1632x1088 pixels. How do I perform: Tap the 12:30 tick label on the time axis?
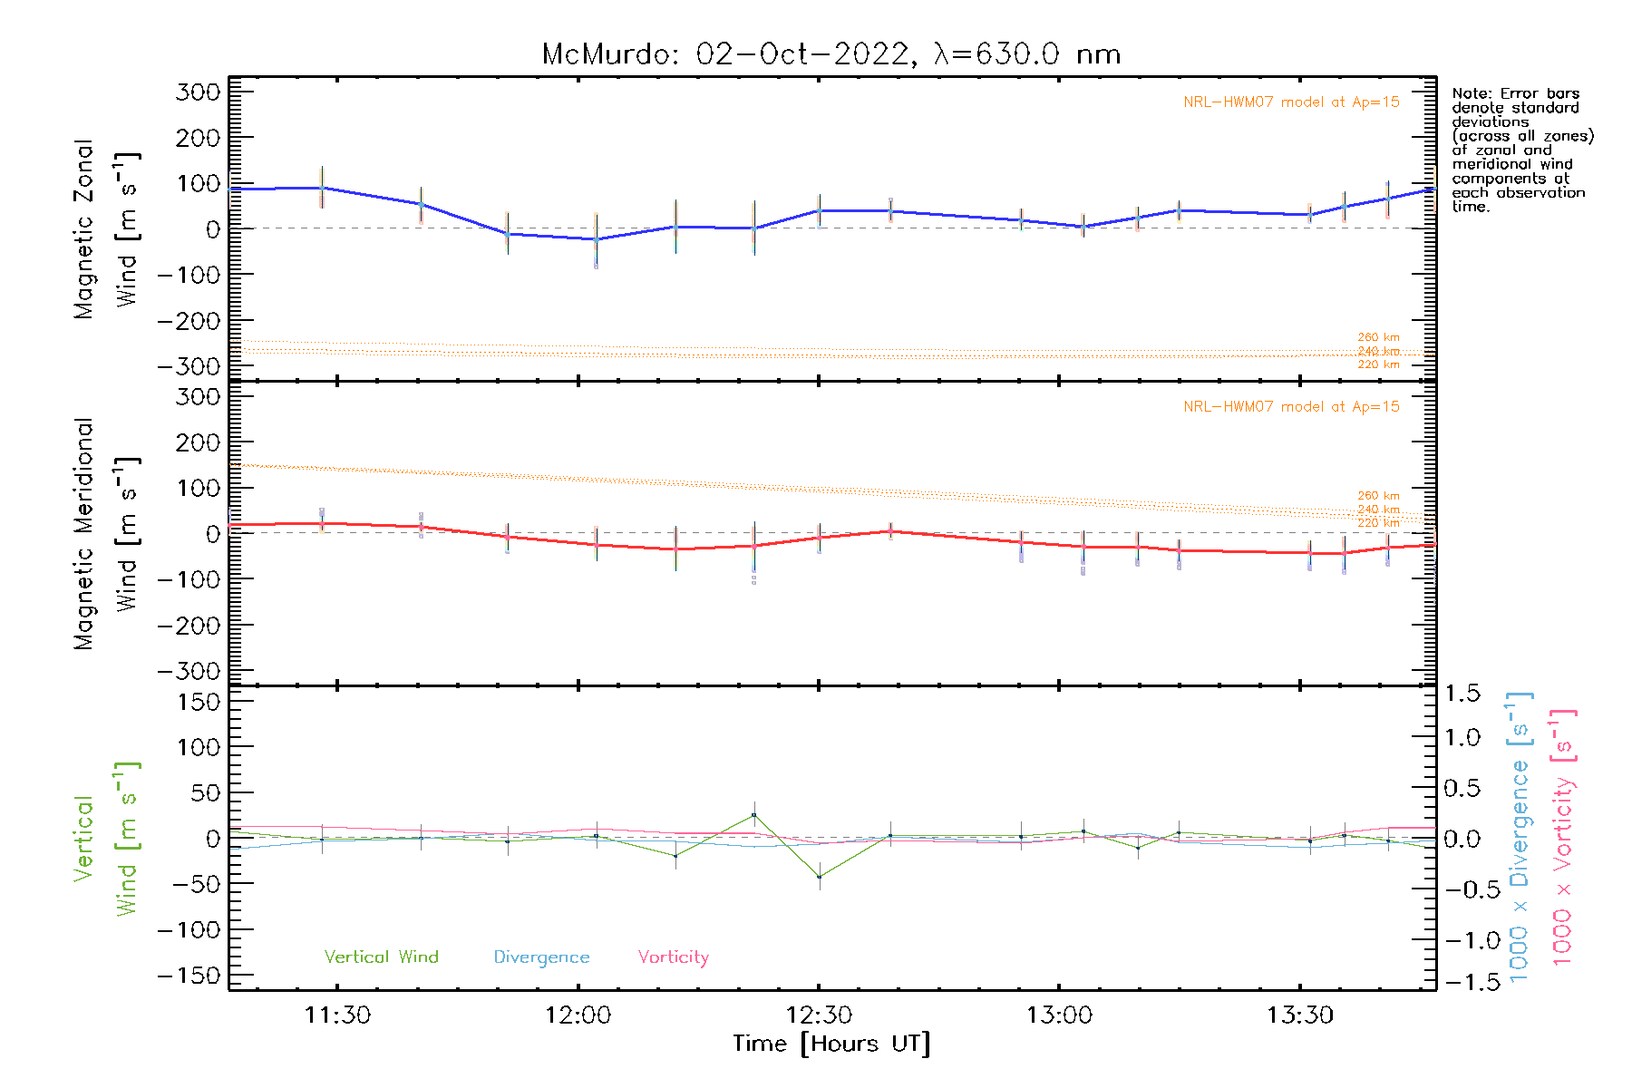click(x=819, y=1015)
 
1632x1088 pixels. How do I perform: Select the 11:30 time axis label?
click(x=337, y=1015)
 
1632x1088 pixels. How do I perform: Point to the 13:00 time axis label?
click(x=1059, y=1015)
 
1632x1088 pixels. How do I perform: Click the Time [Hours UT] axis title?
click(x=831, y=1044)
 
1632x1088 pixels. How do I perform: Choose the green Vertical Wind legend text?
click(x=381, y=957)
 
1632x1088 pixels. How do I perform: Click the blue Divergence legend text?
click(x=541, y=957)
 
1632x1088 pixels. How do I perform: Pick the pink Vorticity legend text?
click(x=673, y=957)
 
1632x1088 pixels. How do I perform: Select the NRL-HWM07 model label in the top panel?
click(x=1291, y=102)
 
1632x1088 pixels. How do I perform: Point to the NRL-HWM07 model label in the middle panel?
click(x=1291, y=407)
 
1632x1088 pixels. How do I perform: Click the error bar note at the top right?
click(x=1521, y=150)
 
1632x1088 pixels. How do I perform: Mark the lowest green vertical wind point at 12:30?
click(x=819, y=877)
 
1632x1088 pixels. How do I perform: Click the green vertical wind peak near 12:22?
click(x=754, y=815)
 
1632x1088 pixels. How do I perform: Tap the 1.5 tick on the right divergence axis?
click(x=1462, y=694)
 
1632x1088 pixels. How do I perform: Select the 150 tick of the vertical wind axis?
click(x=199, y=702)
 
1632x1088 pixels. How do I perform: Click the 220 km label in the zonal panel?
click(x=1378, y=364)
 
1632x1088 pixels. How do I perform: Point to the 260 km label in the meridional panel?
click(x=1378, y=496)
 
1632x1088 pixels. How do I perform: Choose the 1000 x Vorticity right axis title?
click(x=1563, y=838)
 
